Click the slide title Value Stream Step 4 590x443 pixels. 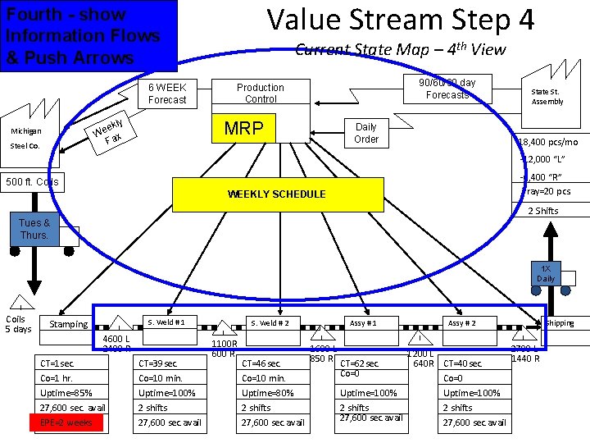[401, 20]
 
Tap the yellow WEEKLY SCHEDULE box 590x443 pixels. [277, 194]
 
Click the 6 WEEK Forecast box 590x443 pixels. [167, 94]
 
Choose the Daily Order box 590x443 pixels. [365, 133]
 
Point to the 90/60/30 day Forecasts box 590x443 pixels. [447, 89]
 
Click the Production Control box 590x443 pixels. [260, 93]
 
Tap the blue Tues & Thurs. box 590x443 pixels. [34, 229]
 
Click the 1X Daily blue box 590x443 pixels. [545, 274]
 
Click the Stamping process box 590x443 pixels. [69, 324]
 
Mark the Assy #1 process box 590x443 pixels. [364, 322]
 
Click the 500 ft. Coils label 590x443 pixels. [32, 181]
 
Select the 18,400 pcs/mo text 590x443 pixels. [547, 142]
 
